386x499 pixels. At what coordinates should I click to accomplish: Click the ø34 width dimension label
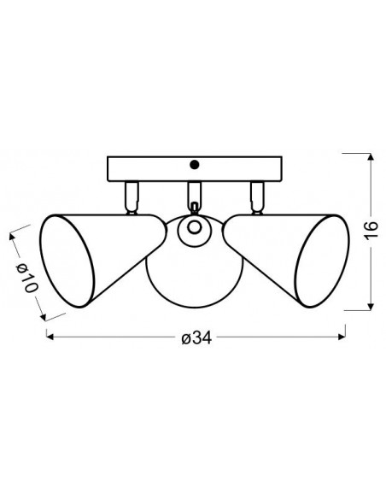196,338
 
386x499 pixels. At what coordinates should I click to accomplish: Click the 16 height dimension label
371,230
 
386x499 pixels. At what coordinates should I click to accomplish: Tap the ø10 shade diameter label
27,279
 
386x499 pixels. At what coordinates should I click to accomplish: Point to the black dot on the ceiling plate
194,165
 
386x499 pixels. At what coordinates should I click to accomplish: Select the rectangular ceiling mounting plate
195,169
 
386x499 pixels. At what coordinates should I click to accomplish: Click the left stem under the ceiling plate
132,197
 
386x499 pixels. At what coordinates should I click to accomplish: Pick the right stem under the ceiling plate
257,197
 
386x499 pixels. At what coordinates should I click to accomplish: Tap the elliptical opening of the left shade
67,261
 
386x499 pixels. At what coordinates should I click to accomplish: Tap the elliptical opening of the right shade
322,261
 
